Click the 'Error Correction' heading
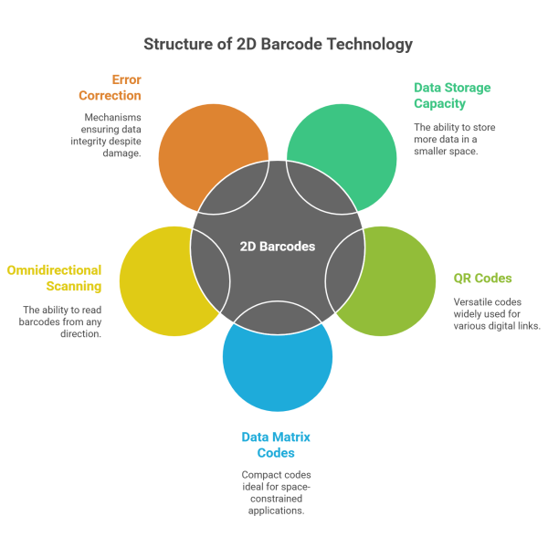click(x=113, y=87)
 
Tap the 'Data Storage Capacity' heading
click(x=452, y=96)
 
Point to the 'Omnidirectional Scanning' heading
click(x=54, y=279)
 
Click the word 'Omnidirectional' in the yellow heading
click(x=54, y=271)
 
